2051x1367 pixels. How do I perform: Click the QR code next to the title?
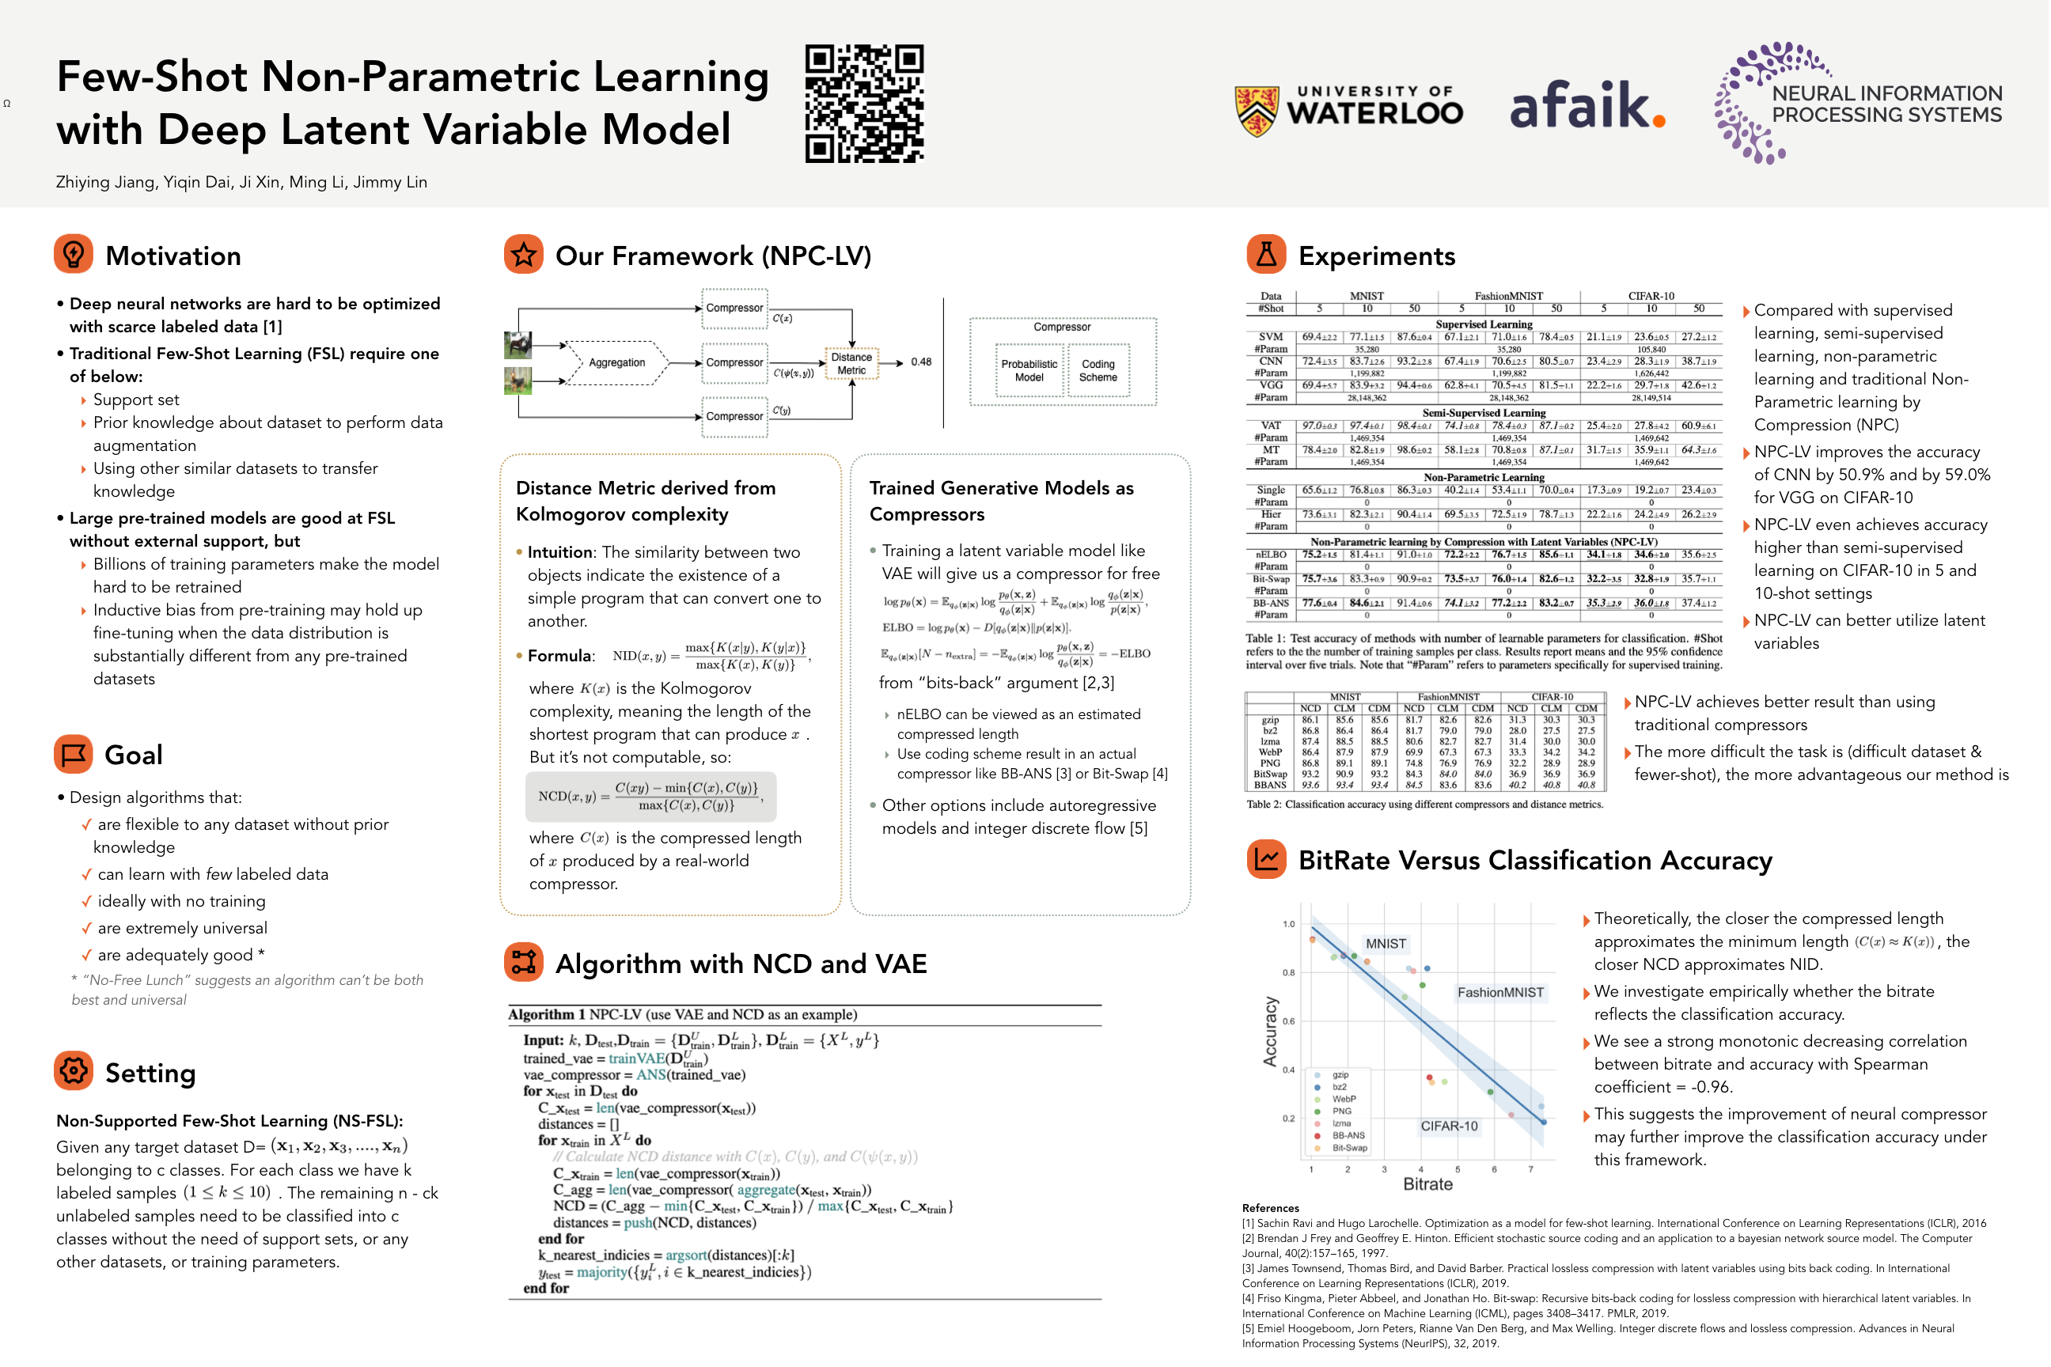tap(864, 104)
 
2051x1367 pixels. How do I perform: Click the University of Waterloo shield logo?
tap(1257, 111)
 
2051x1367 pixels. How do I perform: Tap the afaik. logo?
tap(1587, 105)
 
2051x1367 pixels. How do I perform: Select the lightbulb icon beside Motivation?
tap(74, 254)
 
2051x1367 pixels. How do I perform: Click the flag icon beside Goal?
tap(74, 753)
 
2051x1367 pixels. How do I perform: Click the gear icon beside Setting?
tap(74, 1070)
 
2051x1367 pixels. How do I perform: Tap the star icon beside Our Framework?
tap(523, 254)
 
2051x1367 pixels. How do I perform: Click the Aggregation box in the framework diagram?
tap(616, 362)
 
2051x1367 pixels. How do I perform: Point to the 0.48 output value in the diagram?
tap(921, 362)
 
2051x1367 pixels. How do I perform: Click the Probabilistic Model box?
tap(1029, 370)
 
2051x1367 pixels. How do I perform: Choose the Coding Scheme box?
tap(1098, 370)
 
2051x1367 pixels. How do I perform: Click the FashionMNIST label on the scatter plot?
tap(1500, 992)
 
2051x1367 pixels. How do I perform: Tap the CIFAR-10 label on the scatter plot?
tap(1448, 1126)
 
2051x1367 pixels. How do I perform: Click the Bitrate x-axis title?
tap(1427, 1184)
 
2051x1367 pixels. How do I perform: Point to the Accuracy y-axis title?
tap(1271, 1032)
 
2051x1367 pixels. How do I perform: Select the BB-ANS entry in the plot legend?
tap(1348, 1135)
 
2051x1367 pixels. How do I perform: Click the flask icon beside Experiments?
tap(1266, 254)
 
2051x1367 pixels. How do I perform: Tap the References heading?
tap(1271, 1208)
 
